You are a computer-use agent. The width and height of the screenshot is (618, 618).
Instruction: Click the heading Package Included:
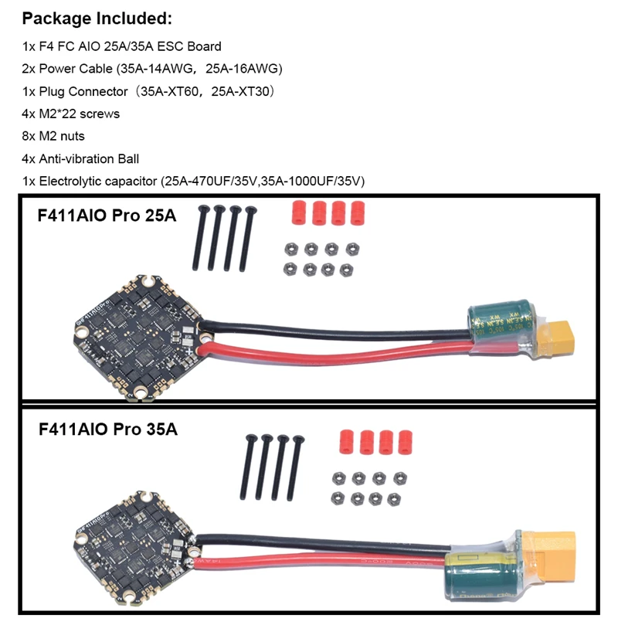click(x=96, y=18)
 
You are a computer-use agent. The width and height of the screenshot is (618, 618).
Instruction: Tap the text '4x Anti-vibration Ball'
click(x=81, y=158)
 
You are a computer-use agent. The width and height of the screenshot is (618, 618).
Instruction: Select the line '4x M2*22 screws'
click(x=71, y=114)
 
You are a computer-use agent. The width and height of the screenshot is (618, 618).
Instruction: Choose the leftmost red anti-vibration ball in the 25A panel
click(x=297, y=212)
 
